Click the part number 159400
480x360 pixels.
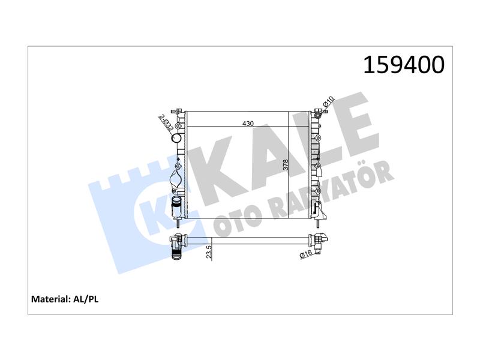coord(403,65)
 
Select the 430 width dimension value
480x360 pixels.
coord(248,124)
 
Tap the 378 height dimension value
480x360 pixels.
coord(286,166)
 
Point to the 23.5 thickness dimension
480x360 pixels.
coord(209,252)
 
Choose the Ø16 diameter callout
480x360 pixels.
coord(306,254)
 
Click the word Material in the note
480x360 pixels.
coord(50,299)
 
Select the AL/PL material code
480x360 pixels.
coord(86,299)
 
